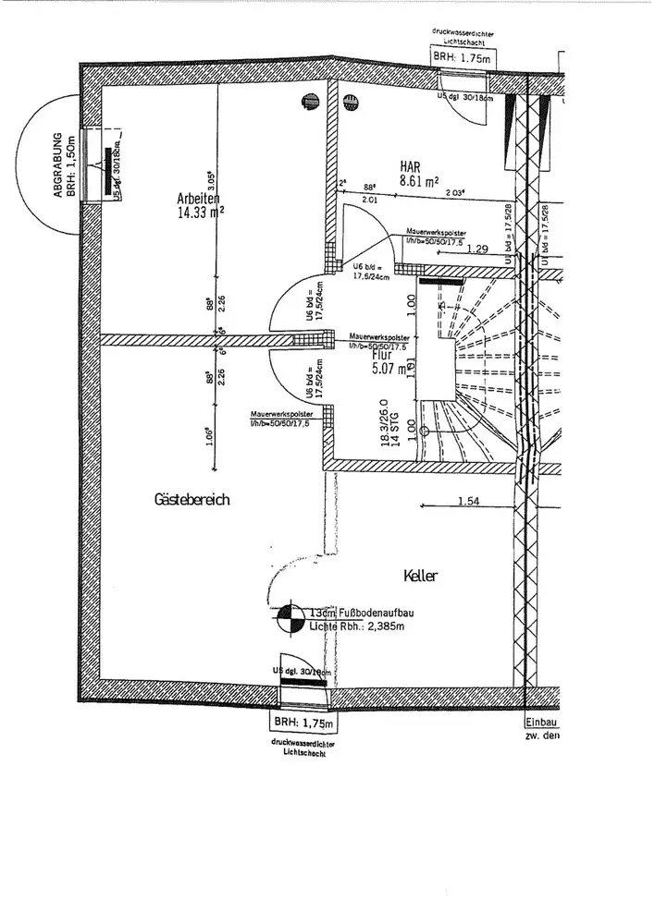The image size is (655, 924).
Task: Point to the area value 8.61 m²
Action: [418, 182]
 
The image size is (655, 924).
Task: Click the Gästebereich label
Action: [192, 499]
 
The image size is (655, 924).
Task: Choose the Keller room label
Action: [420, 576]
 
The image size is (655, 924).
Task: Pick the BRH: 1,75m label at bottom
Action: [303, 723]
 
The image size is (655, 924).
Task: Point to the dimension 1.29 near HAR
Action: [477, 248]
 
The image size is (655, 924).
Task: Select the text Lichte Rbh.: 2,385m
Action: [359, 626]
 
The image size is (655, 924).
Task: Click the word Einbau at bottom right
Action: [541, 723]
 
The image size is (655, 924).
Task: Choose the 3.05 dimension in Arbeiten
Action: [211, 181]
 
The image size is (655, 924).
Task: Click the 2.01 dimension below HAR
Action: [369, 199]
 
